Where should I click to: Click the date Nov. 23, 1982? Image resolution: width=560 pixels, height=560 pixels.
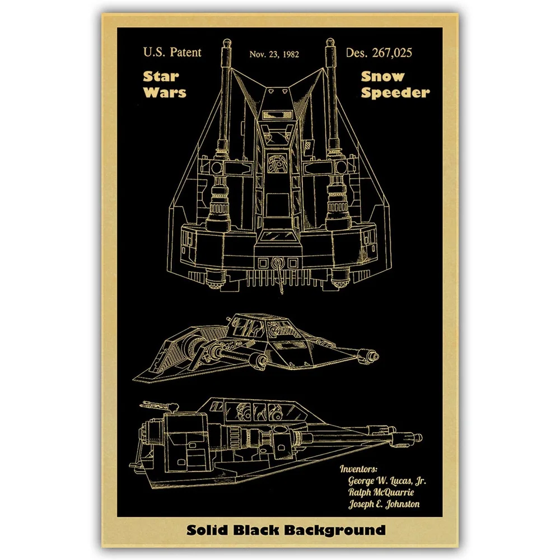click(274, 54)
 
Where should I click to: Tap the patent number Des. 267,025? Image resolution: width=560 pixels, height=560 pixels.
click(379, 53)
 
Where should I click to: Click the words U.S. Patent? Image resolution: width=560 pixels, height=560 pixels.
click(172, 53)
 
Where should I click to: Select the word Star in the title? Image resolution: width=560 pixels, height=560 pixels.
click(161, 76)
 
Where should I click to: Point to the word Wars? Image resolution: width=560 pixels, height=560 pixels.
click(164, 92)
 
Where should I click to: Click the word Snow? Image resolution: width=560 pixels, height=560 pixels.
click(382, 76)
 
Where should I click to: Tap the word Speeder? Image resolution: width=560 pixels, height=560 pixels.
click(395, 92)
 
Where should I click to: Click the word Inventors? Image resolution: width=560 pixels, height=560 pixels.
click(358, 469)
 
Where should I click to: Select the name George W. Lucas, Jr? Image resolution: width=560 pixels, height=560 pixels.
click(388, 480)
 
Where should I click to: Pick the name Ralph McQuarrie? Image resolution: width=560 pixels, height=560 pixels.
click(382, 492)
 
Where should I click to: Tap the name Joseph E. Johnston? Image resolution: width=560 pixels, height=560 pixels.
click(384, 504)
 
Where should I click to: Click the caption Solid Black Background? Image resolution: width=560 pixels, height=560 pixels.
click(280, 530)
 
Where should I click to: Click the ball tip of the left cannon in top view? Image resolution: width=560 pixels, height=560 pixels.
click(227, 42)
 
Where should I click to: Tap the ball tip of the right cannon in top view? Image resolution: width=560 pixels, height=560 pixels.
click(329, 42)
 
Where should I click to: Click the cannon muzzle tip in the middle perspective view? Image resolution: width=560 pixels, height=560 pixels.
click(372, 355)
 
